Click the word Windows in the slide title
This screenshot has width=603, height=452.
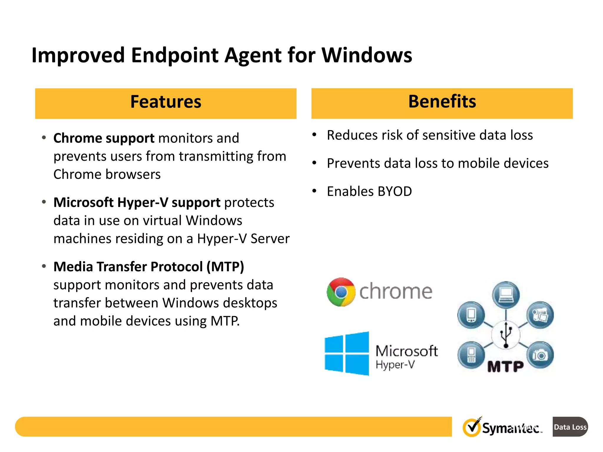tap(367, 55)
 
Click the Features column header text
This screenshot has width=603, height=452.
tap(166, 102)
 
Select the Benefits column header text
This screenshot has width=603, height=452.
tap(442, 102)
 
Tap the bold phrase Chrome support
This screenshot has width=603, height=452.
tap(104, 138)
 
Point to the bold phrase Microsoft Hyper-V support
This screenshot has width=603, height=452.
tap(137, 202)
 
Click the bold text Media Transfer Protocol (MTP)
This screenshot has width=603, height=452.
tap(149, 267)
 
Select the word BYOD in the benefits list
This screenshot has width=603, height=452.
tap(395, 192)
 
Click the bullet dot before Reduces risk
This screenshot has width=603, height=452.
tap(314, 135)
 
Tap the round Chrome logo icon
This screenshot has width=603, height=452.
tap(341, 292)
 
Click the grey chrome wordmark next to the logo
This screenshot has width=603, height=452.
tap(395, 292)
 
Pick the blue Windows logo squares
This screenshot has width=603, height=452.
tap(347, 353)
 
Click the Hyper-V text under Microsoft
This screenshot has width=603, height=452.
tap(395, 365)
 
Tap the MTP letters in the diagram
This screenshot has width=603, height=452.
tap(505, 367)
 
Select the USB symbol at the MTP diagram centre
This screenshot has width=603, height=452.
tap(506, 335)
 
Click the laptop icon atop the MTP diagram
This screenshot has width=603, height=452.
tap(506, 295)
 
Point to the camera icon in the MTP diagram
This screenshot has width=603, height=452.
tap(540, 355)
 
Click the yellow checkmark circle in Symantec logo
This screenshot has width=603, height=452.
tap(472, 428)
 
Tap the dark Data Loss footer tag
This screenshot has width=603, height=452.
tap(570, 427)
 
